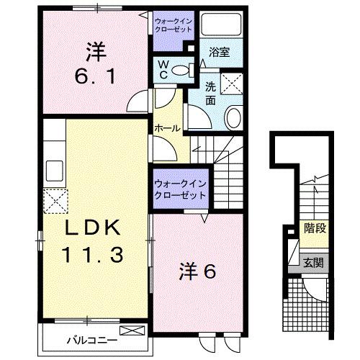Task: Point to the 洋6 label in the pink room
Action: (x=197, y=271)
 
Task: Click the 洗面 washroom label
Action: (x=210, y=94)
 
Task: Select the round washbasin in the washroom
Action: (x=234, y=117)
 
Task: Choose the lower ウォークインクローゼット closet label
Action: (x=179, y=189)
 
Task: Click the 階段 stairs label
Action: (x=315, y=229)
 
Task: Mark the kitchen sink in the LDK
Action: (x=55, y=174)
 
